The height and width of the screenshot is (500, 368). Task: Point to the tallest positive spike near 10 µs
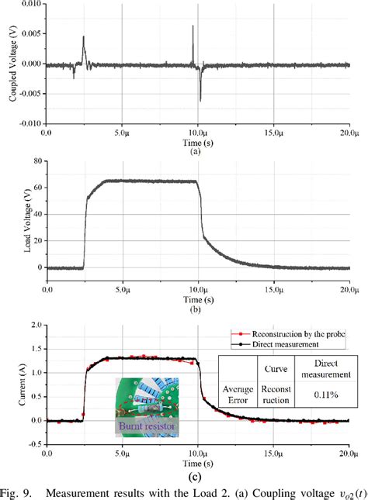coord(193,27)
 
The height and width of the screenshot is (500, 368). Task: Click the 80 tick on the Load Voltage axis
coord(36,161)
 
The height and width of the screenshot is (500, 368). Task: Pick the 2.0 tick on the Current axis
coord(36,325)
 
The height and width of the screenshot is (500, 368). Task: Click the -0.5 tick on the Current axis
coord(34,444)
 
